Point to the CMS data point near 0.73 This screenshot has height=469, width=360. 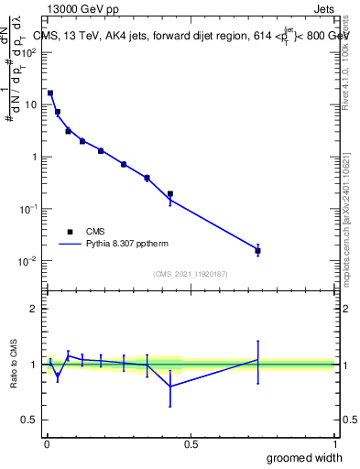pyautogui.click(x=258, y=250)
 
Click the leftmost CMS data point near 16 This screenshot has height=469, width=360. pyautogui.click(x=50, y=93)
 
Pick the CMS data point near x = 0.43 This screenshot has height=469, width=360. pyautogui.click(x=170, y=193)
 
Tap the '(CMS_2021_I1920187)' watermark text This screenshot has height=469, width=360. pyautogui.click(x=190, y=274)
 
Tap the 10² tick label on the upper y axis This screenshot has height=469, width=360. pyautogui.click(x=29, y=52)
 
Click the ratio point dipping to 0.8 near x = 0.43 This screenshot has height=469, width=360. pyautogui.click(x=170, y=386)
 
